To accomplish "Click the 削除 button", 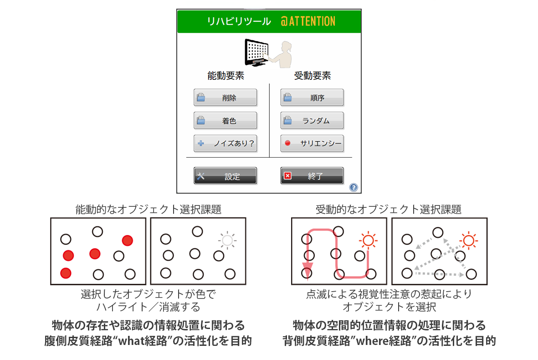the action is tap(225, 98).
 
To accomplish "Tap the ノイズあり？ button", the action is tap(225, 143).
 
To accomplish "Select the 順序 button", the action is tap(312, 98).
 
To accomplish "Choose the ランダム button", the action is tap(312, 120).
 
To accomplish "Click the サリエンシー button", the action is tap(312, 143).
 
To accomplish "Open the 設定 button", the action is tap(225, 176).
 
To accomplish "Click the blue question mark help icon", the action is tap(354, 187).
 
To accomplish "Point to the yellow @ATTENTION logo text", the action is tap(308, 21).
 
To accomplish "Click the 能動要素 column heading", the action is tap(225, 76).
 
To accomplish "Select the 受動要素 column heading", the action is tap(312, 76).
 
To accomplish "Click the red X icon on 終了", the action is tap(287, 176).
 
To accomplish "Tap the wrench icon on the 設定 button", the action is tap(201, 176).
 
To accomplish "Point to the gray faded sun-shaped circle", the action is tap(227, 240).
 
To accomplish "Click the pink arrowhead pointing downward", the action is tap(307, 267).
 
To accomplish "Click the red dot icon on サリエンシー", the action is tap(287, 143).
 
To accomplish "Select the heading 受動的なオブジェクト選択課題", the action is tap(389, 209).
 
